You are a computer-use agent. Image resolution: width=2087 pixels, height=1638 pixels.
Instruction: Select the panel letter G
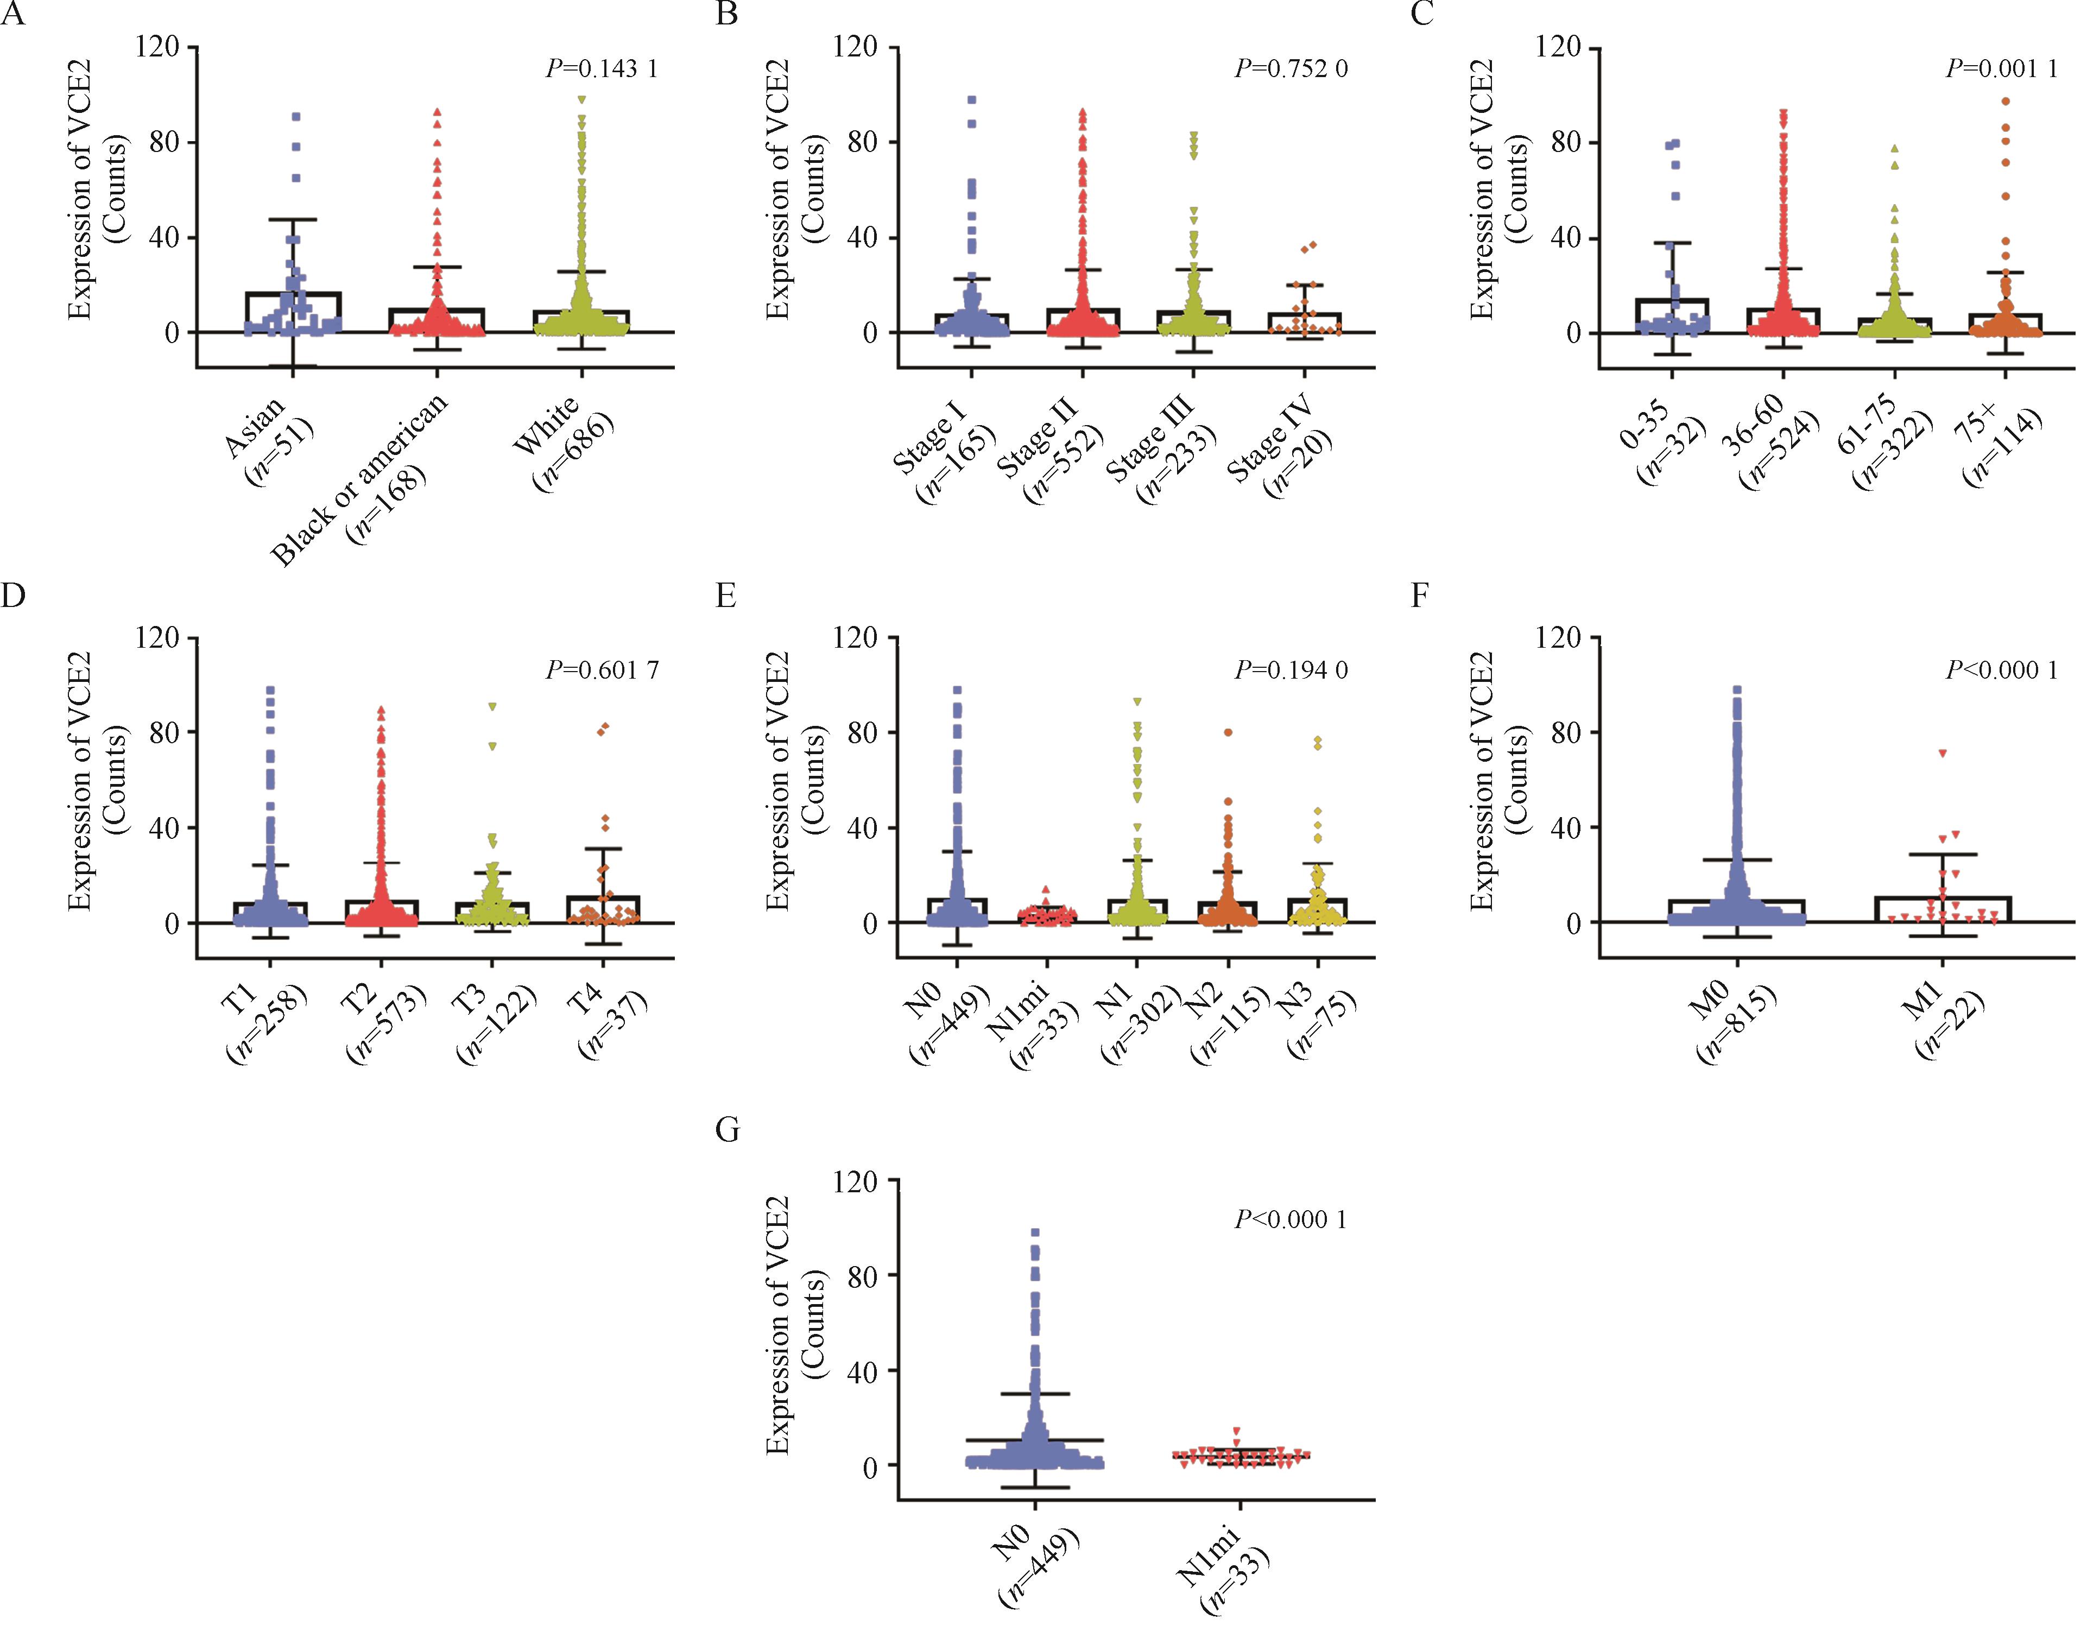[728, 1131]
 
